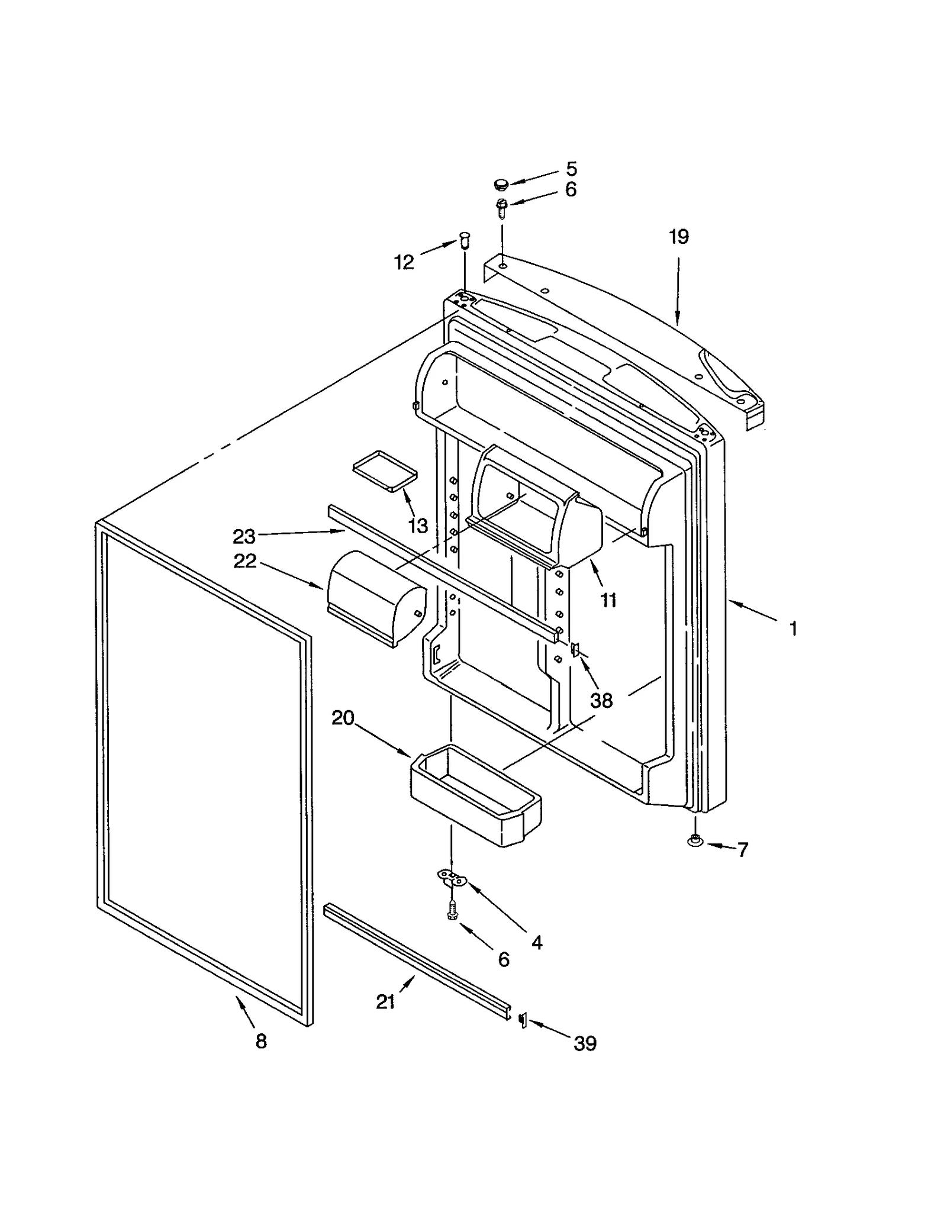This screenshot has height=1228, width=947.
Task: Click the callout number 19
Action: (679, 237)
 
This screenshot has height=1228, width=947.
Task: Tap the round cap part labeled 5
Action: (501, 185)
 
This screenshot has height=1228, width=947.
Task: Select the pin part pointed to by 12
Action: (464, 241)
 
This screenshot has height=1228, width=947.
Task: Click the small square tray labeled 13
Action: (385, 470)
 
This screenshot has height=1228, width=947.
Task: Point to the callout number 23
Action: (244, 536)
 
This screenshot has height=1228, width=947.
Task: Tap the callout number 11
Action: (608, 600)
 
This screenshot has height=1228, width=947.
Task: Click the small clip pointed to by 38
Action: (574, 650)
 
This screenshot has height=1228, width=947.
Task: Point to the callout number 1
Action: (794, 628)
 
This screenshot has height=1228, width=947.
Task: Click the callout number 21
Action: (385, 1002)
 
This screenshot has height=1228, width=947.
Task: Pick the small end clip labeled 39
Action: (523, 1020)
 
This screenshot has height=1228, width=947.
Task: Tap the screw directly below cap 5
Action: (503, 207)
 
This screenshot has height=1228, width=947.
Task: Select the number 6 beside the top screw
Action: (571, 189)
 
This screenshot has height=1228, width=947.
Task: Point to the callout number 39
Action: (585, 1043)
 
